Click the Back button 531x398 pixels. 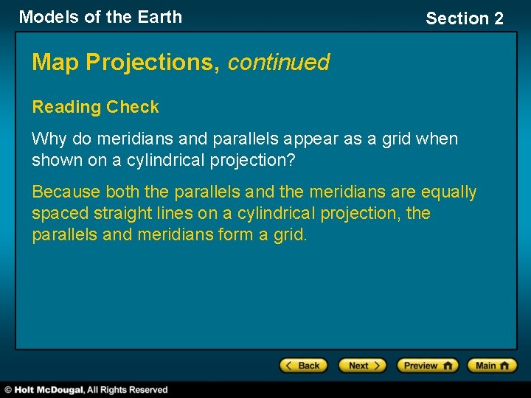pos(302,366)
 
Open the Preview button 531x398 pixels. pos(427,366)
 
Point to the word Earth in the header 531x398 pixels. pos(158,17)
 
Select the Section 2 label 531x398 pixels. pos(465,18)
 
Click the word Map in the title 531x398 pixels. pos(56,63)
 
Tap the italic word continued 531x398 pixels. pos(278,63)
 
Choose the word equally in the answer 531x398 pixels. pos(448,192)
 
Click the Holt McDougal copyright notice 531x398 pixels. pos(87,389)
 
